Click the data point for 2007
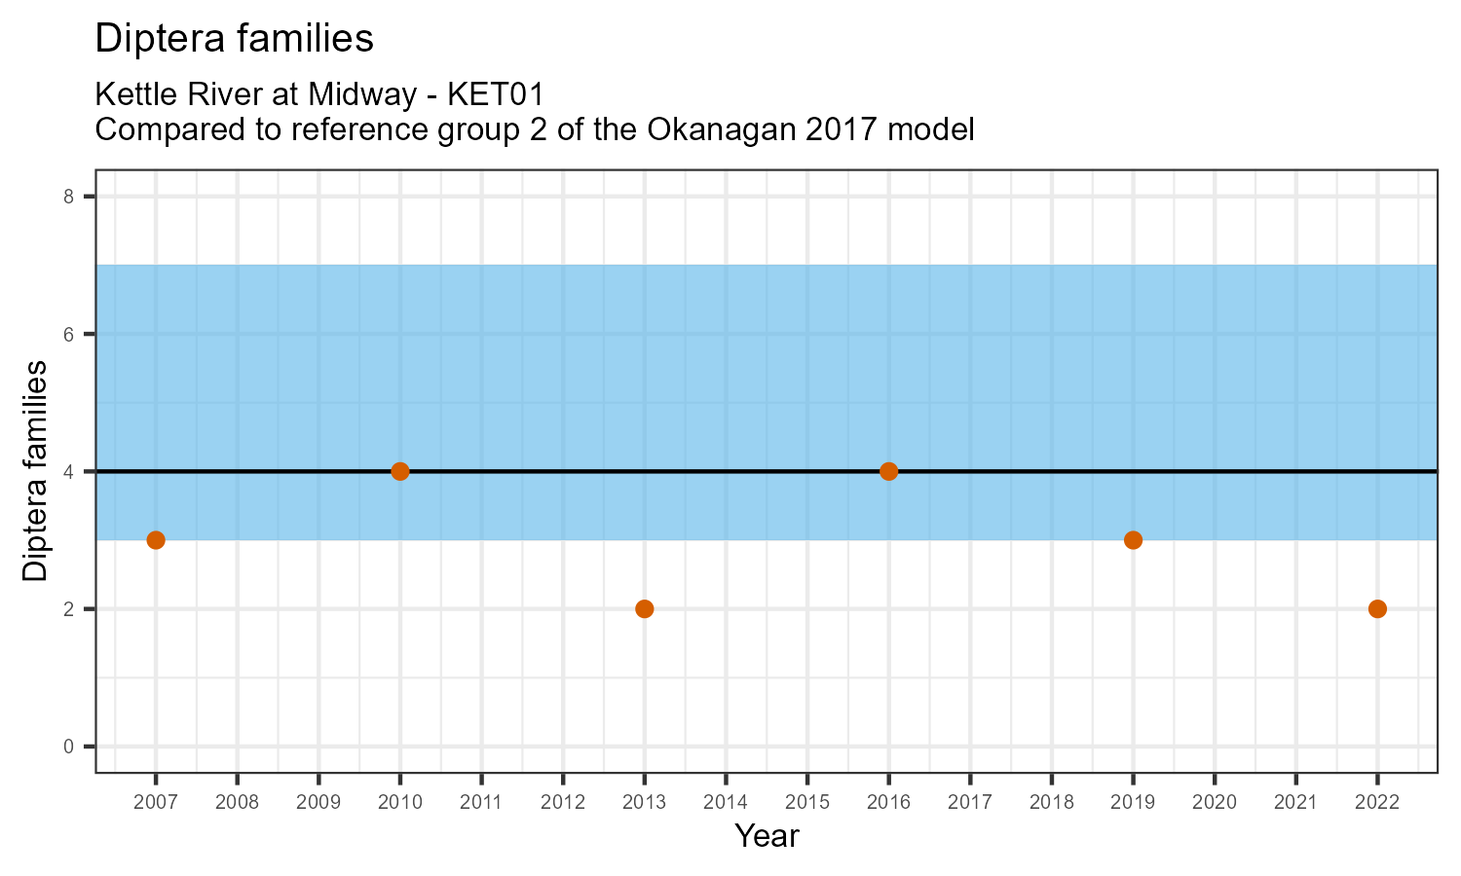[x=156, y=540]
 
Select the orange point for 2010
[x=399, y=471]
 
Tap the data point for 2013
[x=644, y=609]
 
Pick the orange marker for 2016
[x=888, y=471]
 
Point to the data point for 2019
[x=1133, y=540]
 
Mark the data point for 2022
[x=1377, y=609]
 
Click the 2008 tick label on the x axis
[x=237, y=802]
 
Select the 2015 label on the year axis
[x=806, y=802]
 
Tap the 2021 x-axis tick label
[x=1295, y=802]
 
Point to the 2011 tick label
[x=481, y=802]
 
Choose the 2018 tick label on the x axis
[x=1051, y=802]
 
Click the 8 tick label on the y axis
[x=69, y=197]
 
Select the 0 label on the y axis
[x=69, y=747]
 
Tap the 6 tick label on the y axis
[x=69, y=334]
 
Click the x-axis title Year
[x=767, y=836]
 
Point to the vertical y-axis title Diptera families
[x=36, y=471]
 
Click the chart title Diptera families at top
[x=235, y=39]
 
